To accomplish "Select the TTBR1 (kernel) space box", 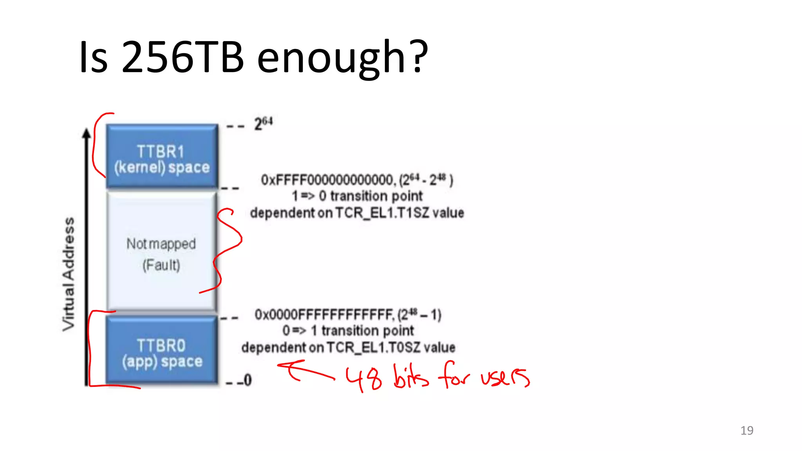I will coord(162,157).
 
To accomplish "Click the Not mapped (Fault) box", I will coord(161,253).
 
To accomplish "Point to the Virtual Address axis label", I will coord(69,274).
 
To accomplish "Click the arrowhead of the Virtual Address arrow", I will coord(86,133).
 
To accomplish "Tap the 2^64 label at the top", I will coord(263,124).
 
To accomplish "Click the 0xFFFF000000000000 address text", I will coord(327,180).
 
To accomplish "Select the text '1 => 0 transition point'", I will coord(357,196).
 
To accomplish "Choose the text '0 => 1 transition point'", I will coord(348,331).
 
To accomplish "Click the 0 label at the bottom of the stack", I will coord(247,380).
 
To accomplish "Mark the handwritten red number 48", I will coord(363,379).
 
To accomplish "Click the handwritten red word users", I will coord(505,377).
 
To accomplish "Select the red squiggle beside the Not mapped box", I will coord(227,251).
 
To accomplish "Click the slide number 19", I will coord(747,431).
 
